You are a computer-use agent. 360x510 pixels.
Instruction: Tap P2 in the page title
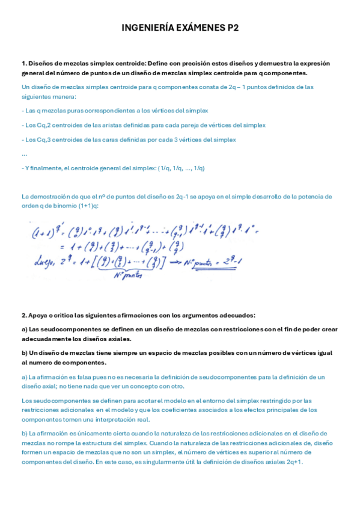coord(231,28)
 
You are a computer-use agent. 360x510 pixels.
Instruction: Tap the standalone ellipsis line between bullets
coord(24,154)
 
